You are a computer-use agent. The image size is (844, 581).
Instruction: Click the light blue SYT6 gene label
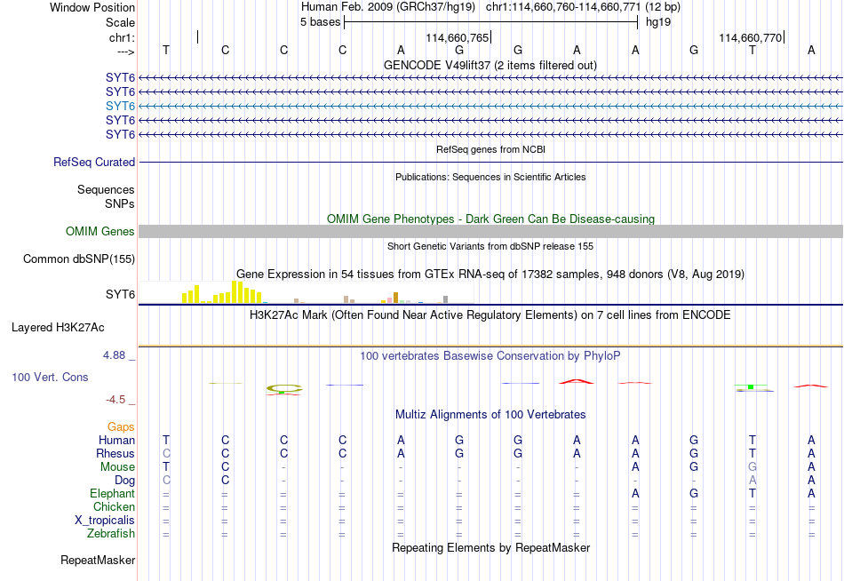click(120, 106)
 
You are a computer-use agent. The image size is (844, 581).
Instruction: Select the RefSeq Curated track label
click(94, 162)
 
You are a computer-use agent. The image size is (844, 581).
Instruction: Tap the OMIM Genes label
click(100, 232)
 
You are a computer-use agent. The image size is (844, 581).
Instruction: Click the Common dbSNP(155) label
click(79, 259)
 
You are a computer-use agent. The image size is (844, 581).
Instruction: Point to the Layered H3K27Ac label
click(58, 328)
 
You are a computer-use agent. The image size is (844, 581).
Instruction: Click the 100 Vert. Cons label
click(50, 377)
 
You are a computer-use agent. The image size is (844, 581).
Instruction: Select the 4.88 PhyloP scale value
click(114, 355)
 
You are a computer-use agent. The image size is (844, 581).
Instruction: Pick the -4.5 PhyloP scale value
click(115, 400)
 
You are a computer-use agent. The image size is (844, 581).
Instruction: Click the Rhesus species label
click(115, 453)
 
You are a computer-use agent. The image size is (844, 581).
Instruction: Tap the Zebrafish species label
click(111, 534)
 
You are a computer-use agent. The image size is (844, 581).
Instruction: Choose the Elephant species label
click(113, 494)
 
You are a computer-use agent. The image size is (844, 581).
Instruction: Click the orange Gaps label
click(121, 427)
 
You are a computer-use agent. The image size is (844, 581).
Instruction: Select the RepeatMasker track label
click(98, 560)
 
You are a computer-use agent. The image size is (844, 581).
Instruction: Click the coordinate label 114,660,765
click(457, 37)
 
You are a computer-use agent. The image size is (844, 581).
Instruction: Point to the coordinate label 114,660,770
click(751, 37)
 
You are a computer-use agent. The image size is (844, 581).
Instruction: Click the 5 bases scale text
click(320, 22)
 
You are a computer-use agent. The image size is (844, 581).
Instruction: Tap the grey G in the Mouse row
click(752, 467)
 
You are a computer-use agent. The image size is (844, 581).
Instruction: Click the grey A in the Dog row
click(752, 481)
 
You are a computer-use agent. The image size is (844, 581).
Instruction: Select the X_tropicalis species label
click(105, 521)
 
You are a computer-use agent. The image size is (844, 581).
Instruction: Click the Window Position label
click(92, 7)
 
